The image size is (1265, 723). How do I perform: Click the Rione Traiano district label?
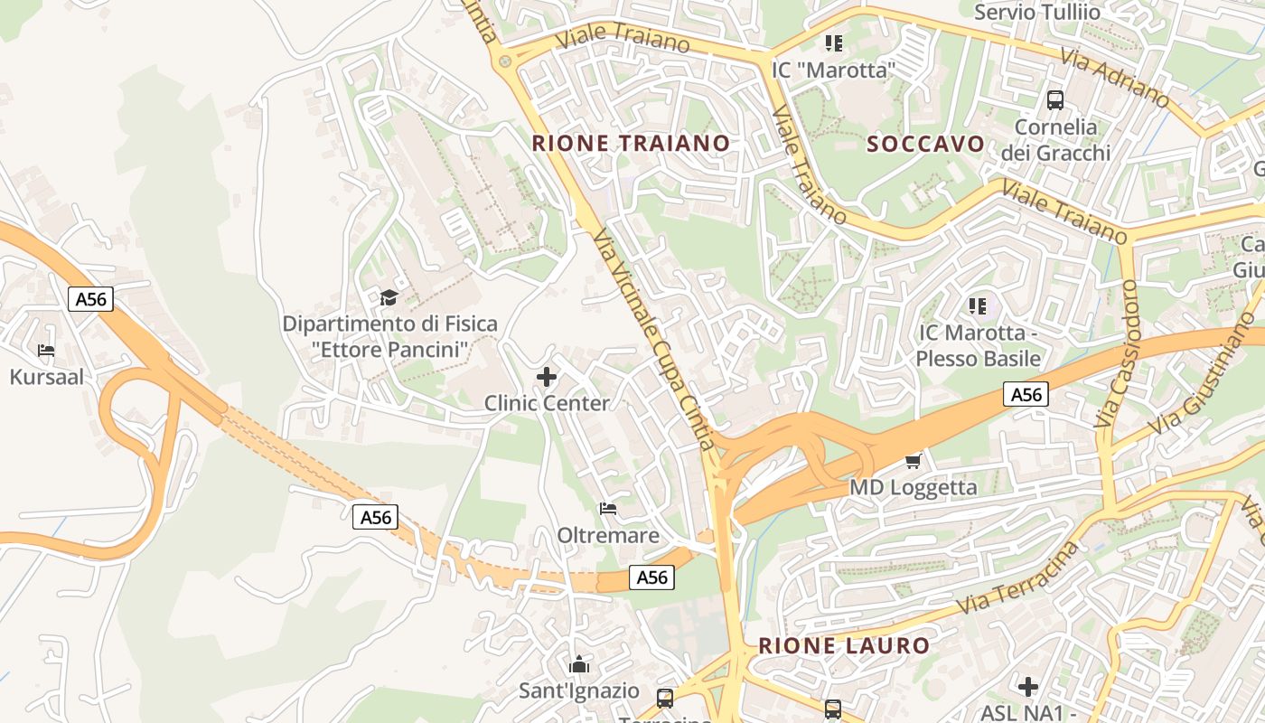631,143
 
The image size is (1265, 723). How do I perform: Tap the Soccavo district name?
925,144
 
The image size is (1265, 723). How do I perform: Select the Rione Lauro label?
844,645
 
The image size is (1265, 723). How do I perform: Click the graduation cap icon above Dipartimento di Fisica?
389,297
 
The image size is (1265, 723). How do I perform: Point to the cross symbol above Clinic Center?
547,377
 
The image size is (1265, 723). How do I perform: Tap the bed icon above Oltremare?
608,509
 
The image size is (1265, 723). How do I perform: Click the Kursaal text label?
46,377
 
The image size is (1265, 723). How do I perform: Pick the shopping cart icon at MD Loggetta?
913,462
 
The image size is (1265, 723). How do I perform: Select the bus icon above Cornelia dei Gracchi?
1054,100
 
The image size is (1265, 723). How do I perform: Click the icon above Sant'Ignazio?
579,666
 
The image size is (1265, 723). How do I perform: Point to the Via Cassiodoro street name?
1118,352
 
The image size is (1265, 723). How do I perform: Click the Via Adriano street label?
1115,77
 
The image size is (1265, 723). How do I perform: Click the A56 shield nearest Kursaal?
90,299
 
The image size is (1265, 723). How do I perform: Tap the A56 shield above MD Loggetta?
1026,394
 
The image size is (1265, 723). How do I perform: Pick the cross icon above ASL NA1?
1028,687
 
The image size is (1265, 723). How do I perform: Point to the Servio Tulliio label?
1037,12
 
